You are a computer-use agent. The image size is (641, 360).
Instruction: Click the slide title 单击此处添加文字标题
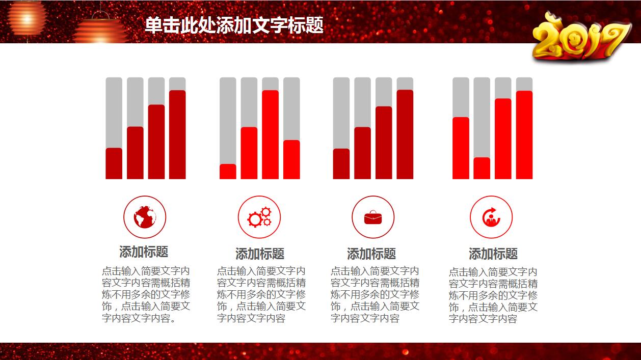(234, 25)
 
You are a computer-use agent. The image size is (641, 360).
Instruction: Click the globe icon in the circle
(145, 217)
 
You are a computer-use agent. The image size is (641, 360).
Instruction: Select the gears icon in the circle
(259, 217)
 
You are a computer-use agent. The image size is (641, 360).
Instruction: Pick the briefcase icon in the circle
(373, 217)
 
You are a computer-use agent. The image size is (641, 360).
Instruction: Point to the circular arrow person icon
(491, 217)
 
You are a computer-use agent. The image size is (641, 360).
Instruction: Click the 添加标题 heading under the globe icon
(144, 252)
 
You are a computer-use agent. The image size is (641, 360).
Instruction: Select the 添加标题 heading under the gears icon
(259, 254)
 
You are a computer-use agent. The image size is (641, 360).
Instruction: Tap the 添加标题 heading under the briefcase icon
(371, 254)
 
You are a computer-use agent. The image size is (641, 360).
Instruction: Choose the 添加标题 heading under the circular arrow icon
(493, 254)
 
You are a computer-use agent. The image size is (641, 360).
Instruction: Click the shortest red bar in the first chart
(114, 163)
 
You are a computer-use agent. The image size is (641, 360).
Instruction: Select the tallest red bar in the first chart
(177, 135)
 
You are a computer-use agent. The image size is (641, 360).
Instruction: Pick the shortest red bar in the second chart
(228, 172)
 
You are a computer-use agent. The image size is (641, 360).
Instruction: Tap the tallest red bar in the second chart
(270, 135)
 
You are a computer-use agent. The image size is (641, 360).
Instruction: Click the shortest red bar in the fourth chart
(482, 169)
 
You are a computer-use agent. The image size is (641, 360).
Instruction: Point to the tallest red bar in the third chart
(405, 134)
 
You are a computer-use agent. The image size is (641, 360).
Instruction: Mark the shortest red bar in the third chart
(341, 164)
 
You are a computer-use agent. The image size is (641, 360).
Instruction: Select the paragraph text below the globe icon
(146, 295)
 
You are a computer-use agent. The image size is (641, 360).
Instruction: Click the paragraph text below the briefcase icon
(375, 295)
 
